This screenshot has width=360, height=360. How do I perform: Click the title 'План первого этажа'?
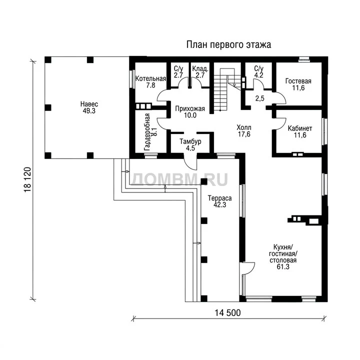tap(228, 45)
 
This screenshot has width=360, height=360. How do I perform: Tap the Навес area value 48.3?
tap(89, 111)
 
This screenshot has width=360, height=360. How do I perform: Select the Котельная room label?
tap(150, 78)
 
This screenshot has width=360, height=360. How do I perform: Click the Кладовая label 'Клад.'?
tap(200, 68)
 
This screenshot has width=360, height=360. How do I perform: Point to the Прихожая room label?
tap(190, 108)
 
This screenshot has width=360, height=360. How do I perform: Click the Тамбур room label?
tap(190, 141)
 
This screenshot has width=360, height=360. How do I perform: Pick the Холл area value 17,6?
tap(244, 134)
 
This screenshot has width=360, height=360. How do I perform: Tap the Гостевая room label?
tap(298, 81)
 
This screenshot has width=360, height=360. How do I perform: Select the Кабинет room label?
tap(300, 128)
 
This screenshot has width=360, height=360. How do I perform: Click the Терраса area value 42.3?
tap(219, 205)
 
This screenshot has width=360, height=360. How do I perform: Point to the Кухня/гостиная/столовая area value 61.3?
tap(283, 267)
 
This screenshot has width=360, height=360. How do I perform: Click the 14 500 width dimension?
tap(228, 312)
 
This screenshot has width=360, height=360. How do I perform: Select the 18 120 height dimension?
tap(27, 179)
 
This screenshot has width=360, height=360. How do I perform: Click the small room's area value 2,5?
tap(260, 98)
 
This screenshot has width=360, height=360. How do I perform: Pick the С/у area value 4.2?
tap(259, 75)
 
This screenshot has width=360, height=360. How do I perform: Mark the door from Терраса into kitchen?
tap(247, 268)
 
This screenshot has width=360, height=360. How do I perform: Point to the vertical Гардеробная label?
tap(147, 132)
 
